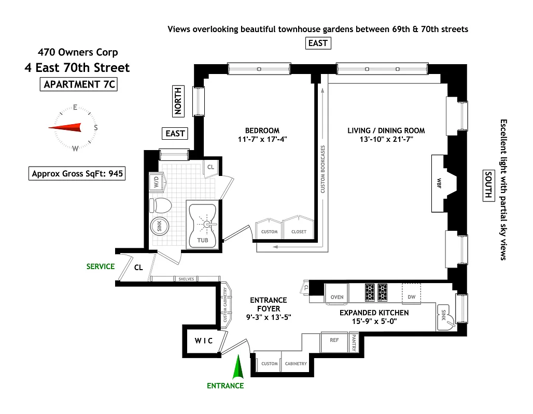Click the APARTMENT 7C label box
78,85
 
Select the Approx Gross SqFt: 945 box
77,174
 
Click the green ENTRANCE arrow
239,368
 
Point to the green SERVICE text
101,267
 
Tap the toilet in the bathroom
160,205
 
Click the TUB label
202,241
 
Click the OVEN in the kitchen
336,297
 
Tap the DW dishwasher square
411,297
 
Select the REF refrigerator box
334,340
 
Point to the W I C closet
204,341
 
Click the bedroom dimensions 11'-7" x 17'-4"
262,139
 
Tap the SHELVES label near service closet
186,279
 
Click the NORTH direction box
178,100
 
